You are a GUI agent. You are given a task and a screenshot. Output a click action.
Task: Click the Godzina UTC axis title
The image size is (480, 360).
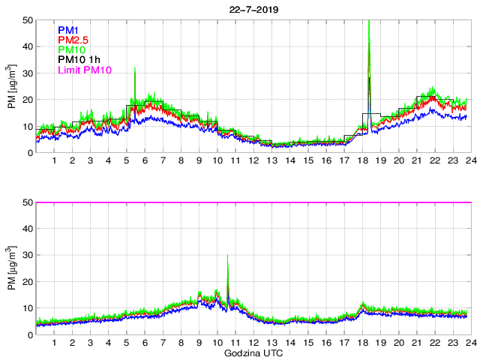click(251, 352)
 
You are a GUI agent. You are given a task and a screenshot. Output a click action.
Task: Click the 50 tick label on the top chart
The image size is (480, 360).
click(27, 19)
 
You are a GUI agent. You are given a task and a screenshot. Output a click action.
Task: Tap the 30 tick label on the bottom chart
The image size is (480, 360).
click(27, 256)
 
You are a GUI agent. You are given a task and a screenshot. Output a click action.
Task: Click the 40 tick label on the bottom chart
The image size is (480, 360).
click(27, 229)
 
